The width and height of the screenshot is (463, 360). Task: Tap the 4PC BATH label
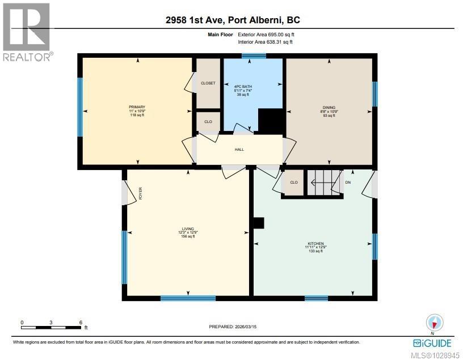pyautogui.click(x=243, y=86)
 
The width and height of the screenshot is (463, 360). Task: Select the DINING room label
pyautogui.click(x=329, y=107)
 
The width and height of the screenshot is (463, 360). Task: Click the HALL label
pyautogui.click(x=239, y=150)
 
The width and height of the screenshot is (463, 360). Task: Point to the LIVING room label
pyautogui.click(x=188, y=229)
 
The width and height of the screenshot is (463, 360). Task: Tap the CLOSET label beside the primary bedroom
pyautogui.click(x=208, y=83)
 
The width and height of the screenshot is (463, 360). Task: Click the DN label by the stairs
pyautogui.click(x=348, y=183)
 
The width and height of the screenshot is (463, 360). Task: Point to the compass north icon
pyautogui.click(x=434, y=323)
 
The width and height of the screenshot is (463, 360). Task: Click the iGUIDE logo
pyautogui.click(x=433, y=343)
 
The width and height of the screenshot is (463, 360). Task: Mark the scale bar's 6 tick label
pyautogui.click(x=81, y=321)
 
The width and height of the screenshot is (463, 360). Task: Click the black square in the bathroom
pyautogui.click(x=271, y=120)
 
